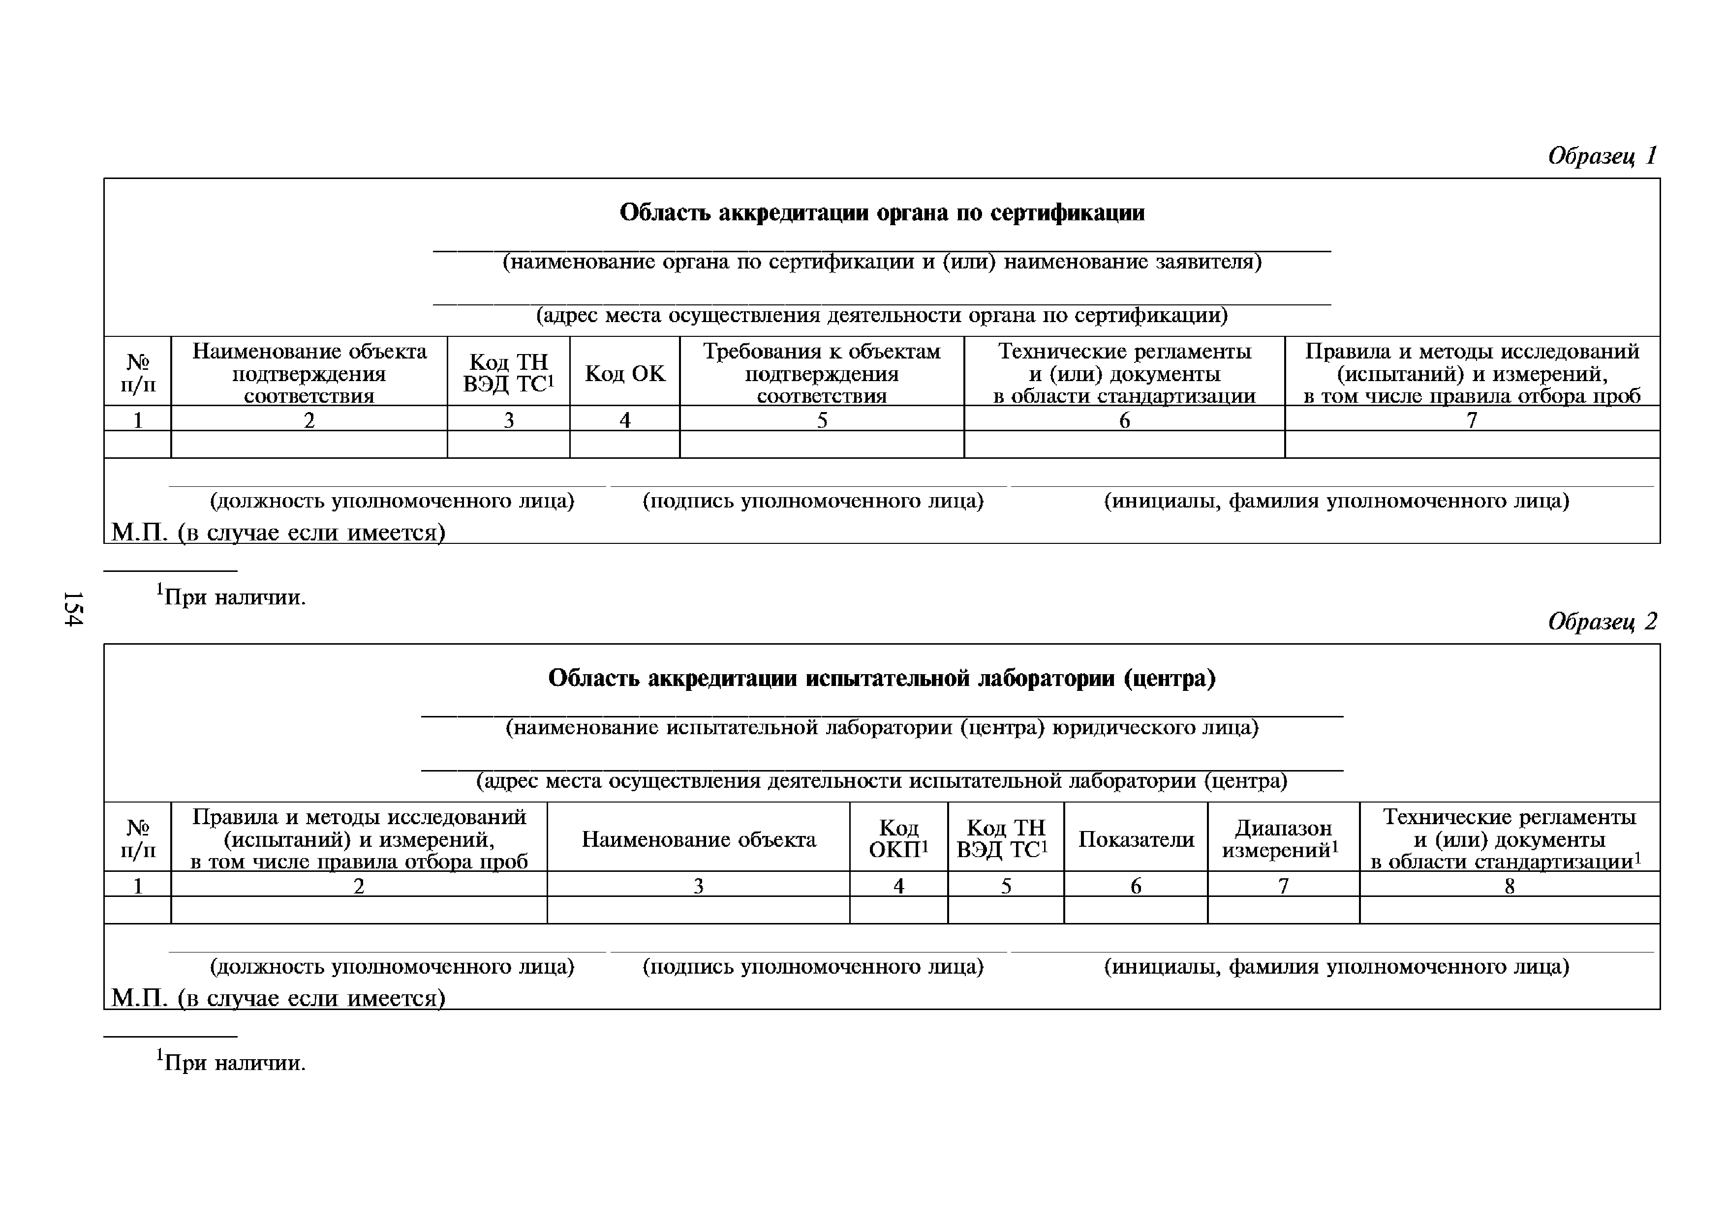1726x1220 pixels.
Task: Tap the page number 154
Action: click(73, 608)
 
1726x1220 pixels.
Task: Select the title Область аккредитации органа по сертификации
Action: click(882, 212)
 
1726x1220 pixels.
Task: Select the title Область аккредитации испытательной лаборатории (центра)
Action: click(882, 679)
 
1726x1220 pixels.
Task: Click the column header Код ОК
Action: click(625, 373)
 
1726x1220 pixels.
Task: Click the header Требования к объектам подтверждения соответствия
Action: click(822, 373)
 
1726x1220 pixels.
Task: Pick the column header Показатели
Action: click(1136, 839)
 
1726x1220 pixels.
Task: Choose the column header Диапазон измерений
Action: click(1283, 839)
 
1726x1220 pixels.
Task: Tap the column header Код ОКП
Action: click(898, 839)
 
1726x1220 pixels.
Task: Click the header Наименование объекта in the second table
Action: click(698, 839)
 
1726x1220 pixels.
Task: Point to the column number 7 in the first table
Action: click(1472, 420)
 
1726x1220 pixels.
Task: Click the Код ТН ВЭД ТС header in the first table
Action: click(508, 373)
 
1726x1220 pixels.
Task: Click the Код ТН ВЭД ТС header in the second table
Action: click(1006, 839)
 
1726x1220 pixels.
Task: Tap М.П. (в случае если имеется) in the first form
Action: click(278, 533)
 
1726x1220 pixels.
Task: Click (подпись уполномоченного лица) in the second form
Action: click(813, 966)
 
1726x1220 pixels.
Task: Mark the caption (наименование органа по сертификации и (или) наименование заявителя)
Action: click(882, 262)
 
